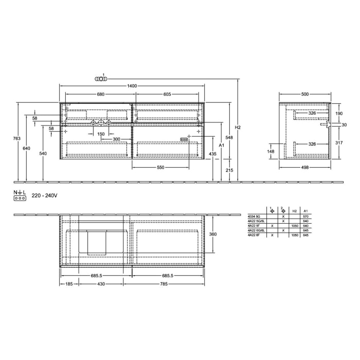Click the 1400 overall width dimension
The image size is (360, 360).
pos(133,86)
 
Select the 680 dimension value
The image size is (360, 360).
pos(101,94)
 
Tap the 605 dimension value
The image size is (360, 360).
pos(168,94)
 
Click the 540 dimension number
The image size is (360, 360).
pos(43,154)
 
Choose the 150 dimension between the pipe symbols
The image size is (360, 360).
pos(101,134)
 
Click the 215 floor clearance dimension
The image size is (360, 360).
pos(229,170)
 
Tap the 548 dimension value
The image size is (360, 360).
pos(229,138)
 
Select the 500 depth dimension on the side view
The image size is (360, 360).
pos(305,94)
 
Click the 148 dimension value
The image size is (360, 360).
pos(271,152)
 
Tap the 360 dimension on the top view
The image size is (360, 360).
pos(212,234)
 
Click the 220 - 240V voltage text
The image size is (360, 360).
pos(44,195)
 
